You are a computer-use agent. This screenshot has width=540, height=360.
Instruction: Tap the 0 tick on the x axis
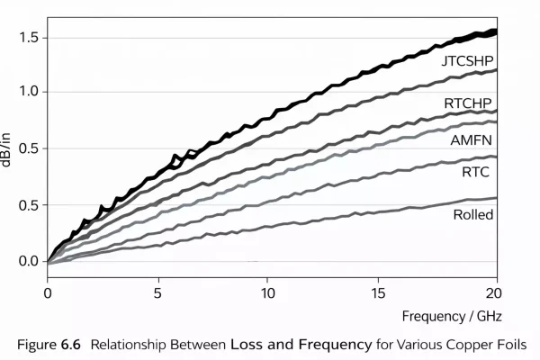(48, 293)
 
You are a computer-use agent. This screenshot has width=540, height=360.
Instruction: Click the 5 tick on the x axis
(157, 293)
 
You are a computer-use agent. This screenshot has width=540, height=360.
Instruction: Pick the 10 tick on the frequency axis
(267, 293)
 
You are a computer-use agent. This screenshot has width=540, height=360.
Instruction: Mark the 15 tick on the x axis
(378, 293)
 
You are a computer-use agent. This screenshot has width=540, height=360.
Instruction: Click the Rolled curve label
(473, 214)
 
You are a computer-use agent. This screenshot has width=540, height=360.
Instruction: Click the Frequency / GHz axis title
(449, 317)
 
